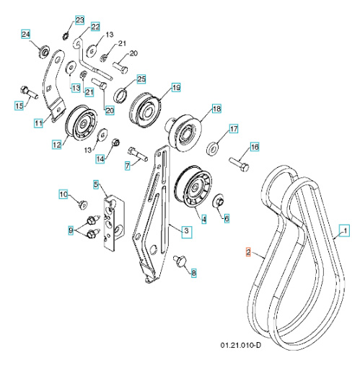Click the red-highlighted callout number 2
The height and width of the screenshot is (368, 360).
[x=247, y=253]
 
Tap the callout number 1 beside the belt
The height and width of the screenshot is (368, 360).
[x=344, y=230]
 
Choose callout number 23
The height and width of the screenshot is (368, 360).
[x=79, y=18]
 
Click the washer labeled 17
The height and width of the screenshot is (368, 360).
[x=214, y=150]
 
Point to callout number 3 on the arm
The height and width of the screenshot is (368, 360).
[x=186, y=231]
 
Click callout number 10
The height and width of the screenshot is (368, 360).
[x=63, y=194]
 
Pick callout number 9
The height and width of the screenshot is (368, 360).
[x=71, y=230]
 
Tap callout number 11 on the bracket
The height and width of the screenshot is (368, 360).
[x=39, y=123]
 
